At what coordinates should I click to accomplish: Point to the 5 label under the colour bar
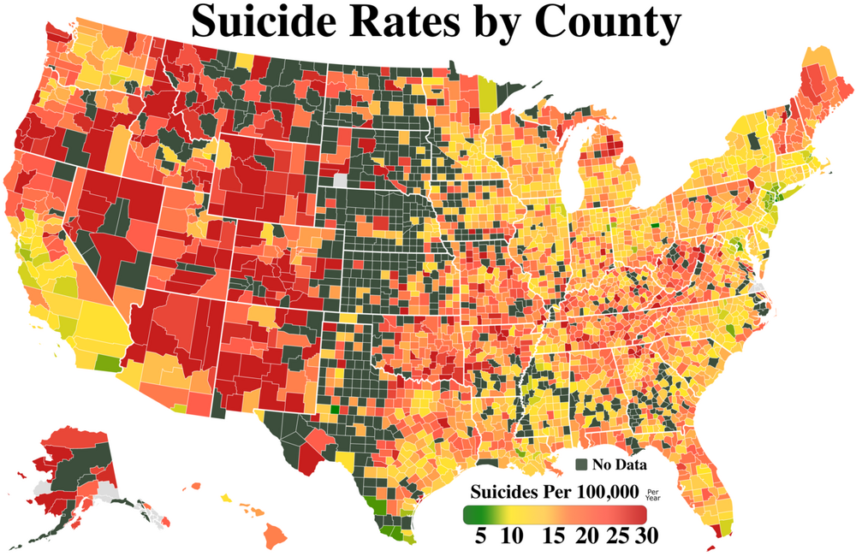coord(481,536)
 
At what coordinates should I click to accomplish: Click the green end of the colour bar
coord(469,514)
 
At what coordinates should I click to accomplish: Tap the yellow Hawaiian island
coord(227,497)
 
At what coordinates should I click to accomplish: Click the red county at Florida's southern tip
coord(714,539)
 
